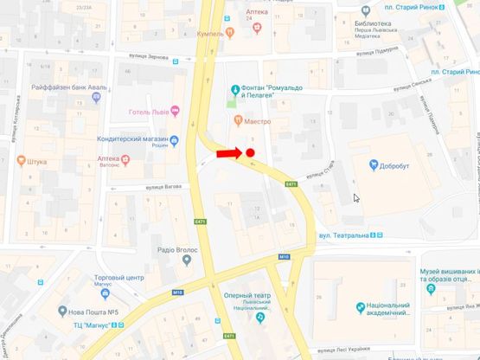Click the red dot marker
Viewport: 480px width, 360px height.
click(250, 153)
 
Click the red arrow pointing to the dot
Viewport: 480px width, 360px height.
click(228, 153)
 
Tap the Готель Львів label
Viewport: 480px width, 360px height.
click(148, 109)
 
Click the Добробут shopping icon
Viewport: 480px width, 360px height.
click(374, 164)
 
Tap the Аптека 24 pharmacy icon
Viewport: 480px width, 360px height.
click(257, 27)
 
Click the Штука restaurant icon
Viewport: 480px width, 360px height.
click(22, 159)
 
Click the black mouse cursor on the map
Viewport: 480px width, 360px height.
click(356, 197)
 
